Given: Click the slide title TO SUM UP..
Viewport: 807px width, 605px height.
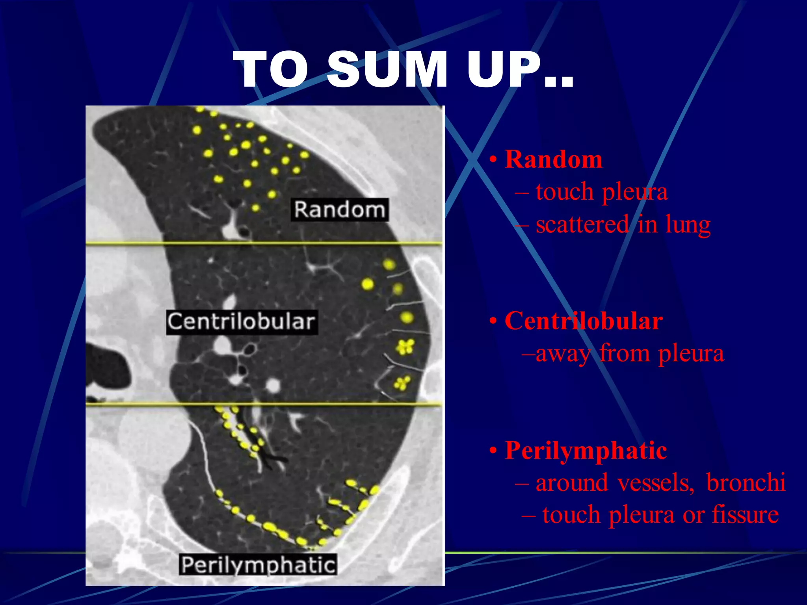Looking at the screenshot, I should click(x=403, y=70).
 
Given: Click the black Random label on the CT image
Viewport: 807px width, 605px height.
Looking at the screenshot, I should click(x=340, y=210).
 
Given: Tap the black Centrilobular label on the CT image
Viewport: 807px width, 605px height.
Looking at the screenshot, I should click(x=242, y=322).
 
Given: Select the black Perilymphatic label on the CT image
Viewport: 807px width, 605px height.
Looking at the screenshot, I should click(x=258, y=565).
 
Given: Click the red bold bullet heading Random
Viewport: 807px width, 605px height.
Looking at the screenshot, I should click(x=553, y=160).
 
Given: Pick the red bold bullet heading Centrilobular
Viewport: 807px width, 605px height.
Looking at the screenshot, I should click(x=584, y=321).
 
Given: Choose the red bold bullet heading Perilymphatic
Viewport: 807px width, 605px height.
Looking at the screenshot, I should click(x=586, y=450).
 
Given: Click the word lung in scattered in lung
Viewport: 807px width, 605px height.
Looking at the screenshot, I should click(x=688, y=225).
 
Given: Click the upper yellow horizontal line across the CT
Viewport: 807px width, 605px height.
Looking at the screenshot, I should click(x=264, y=244).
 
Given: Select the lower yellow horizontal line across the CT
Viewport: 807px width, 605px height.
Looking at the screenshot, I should click(x=264, y=404).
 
